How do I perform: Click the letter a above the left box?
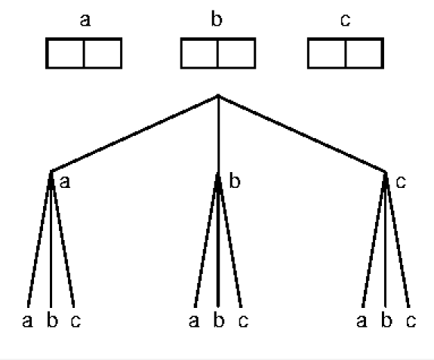point(85,20)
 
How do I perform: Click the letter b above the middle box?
point(217,19)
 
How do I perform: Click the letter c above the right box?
point(346,20)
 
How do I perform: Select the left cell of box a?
point(66,53)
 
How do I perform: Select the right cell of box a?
point(103,53)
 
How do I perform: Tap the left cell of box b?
point(199,53)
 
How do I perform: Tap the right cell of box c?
point(364,53)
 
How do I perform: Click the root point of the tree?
point(218,95)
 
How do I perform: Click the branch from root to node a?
point(134,134)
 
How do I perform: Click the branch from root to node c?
point(302,134)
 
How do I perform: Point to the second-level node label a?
point(65,182)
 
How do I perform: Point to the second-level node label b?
point(235,181)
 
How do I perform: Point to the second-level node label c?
point(401,182)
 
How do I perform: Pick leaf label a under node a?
point(27,321)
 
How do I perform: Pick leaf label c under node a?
point(75,321)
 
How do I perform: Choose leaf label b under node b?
point(219,320)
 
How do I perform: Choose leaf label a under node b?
point(194,321)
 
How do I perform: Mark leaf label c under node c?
point(411,321)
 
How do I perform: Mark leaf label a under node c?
point(362,321)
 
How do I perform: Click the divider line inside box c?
point(346,53)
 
